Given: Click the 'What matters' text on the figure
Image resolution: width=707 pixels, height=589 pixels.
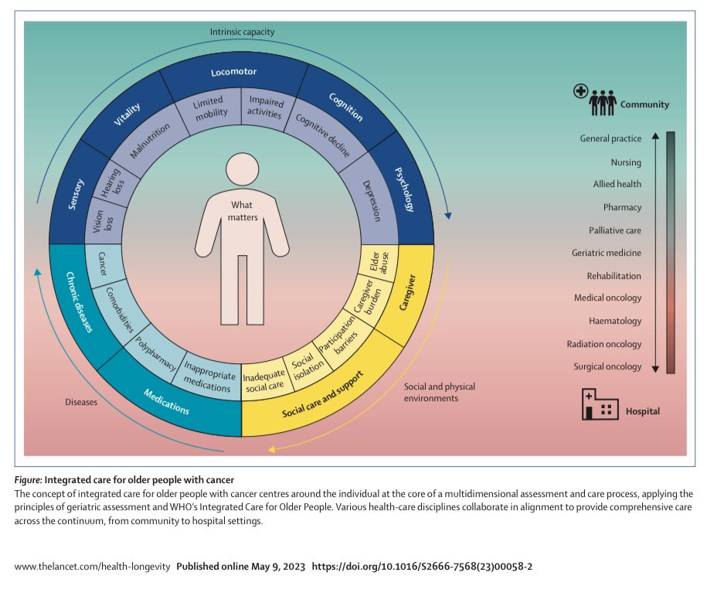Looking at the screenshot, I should pyautogui.click(x=243, y=210).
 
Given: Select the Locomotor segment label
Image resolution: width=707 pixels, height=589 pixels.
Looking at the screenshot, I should pyautogui.click(x=233, y=73).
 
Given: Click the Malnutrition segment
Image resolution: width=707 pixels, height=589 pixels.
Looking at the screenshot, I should pyautogui.click(x=150, y=139).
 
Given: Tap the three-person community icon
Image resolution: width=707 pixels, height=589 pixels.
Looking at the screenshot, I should pyautogui.click(x=603, y=100).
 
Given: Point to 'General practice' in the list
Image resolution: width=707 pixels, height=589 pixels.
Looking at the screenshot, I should pyautogui.click(x=610, y=139).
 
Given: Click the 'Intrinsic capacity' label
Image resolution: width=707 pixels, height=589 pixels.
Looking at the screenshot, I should pyautogui.click(x=242, y=32).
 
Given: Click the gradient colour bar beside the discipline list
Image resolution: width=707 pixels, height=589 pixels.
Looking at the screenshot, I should pyautogui.click(x=670, y=252).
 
